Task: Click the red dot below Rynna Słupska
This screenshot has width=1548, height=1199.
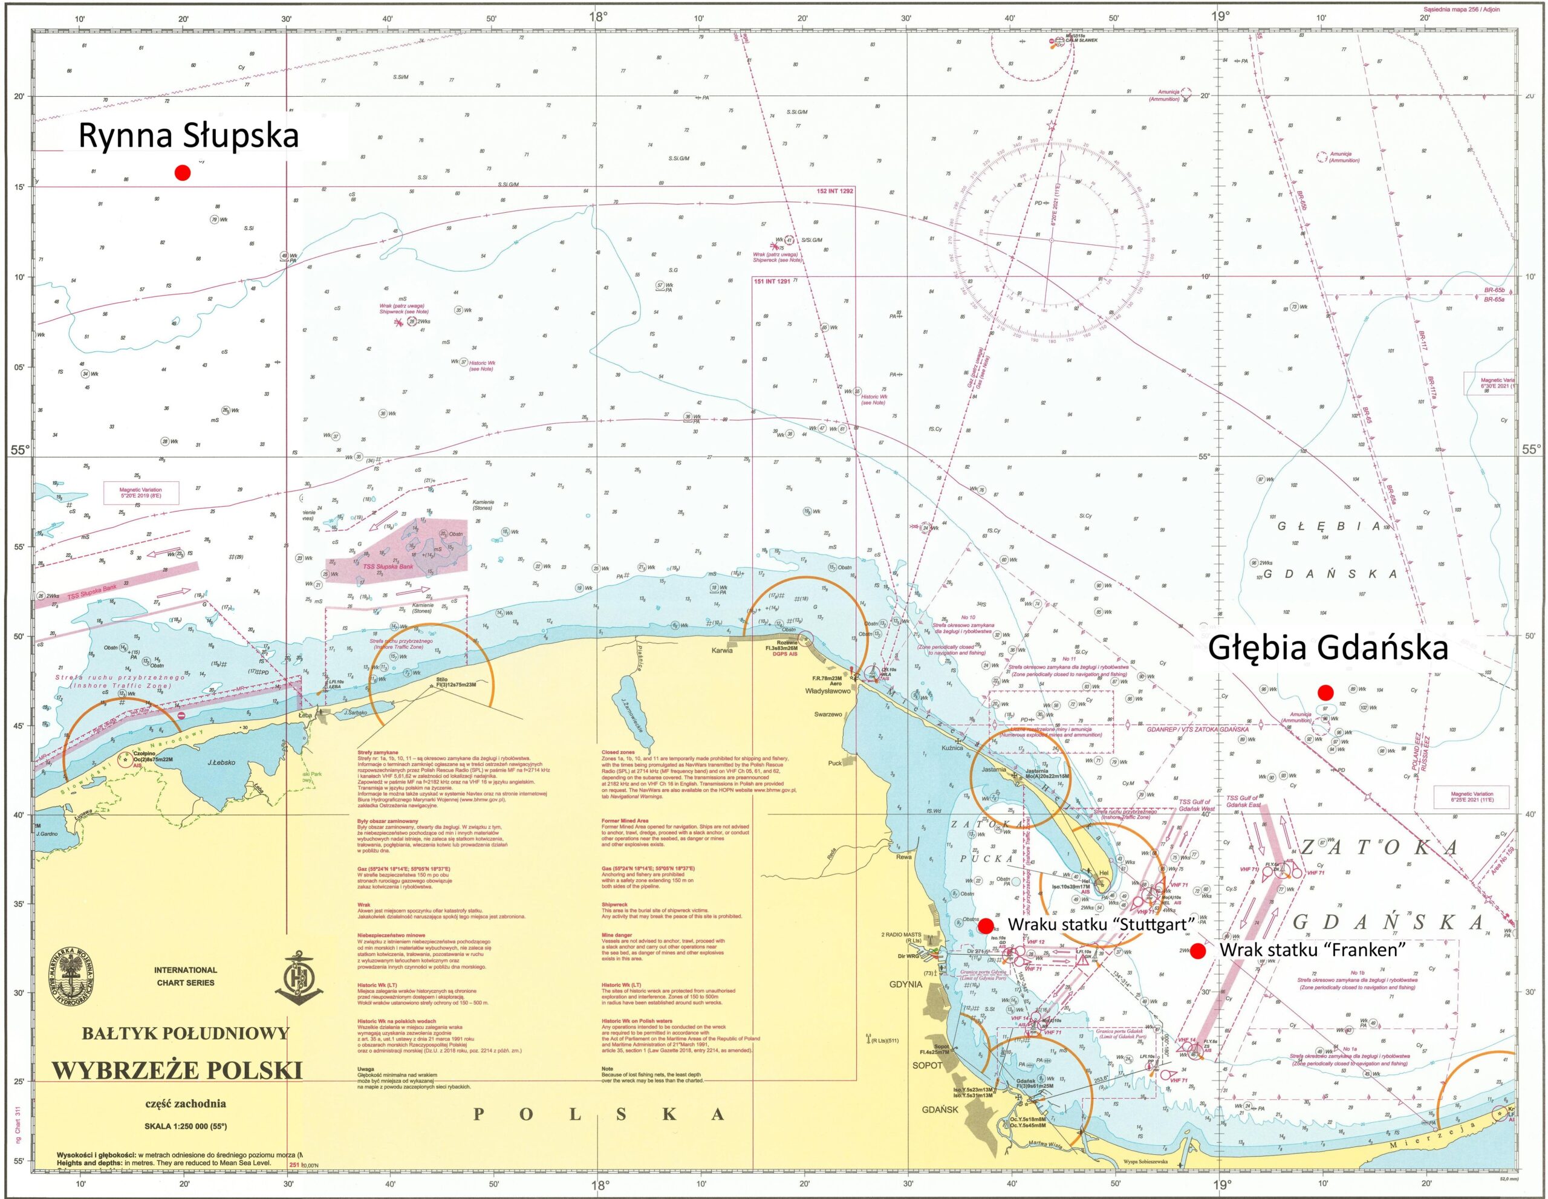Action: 182,173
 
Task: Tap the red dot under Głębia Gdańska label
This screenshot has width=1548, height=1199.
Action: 1325,692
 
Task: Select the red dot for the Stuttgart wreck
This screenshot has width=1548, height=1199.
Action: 985,926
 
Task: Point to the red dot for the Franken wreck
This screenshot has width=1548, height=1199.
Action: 1197,950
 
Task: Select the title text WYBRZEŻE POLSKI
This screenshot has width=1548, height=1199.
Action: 177,1071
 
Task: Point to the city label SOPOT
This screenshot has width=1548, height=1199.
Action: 928,1065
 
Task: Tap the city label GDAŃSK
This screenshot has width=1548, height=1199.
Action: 940,1110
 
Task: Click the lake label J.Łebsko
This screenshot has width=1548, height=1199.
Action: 221,762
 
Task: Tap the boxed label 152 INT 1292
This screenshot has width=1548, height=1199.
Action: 835,191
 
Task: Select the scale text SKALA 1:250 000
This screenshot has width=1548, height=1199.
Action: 186,1126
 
